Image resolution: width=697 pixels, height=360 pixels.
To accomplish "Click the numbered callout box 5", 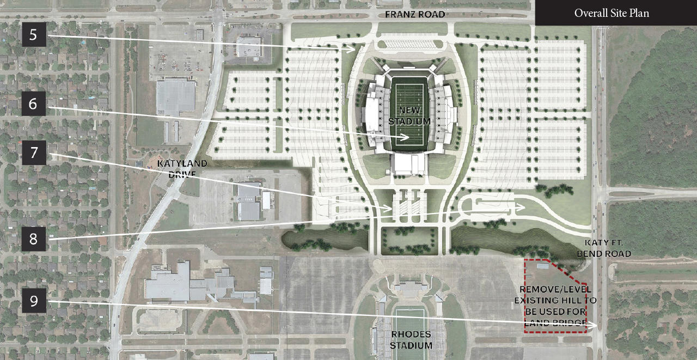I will coord(33,35).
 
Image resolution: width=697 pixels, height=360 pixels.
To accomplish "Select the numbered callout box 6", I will coord(33,103).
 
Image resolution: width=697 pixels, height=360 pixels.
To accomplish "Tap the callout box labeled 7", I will coord(34,153).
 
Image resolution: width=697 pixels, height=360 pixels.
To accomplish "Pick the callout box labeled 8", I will coord(33,239).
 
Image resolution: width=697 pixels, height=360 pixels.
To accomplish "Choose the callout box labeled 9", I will coord(34,301).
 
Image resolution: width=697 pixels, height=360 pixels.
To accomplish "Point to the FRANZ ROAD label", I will coord(415,15).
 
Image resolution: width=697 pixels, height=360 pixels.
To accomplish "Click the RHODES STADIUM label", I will coord(411,340).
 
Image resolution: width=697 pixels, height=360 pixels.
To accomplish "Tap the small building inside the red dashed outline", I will coord(542,266).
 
